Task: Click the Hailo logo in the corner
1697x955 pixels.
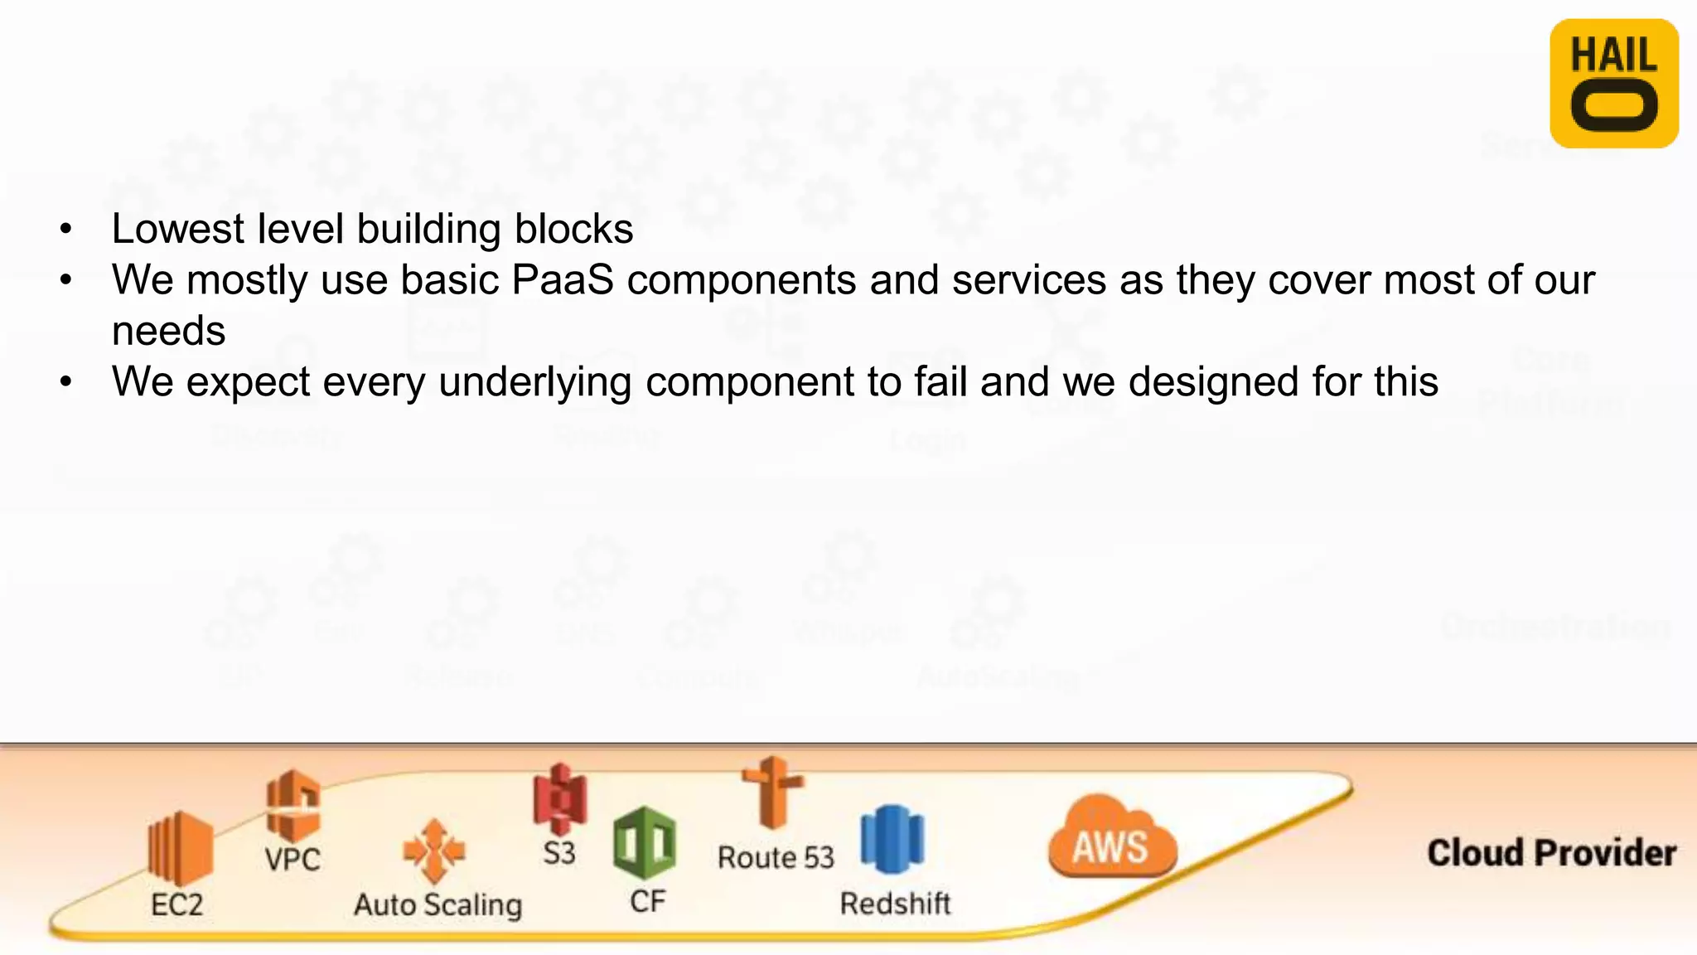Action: point(1613,84)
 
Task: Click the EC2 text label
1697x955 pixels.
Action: point(176,904)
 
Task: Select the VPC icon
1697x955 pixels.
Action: point(293,805)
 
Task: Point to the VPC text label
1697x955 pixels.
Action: point(293,859)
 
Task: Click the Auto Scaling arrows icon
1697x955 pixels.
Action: point(433,851)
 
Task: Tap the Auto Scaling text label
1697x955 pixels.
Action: point(438,904)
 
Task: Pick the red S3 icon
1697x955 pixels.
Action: point(560,798)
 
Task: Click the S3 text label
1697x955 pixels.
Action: point(559,853)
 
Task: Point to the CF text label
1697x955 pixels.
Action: point(647,901)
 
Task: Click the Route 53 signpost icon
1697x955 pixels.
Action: point(772,793)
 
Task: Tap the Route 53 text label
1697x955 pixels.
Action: point(776,857)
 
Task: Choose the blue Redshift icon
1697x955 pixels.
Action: point(892,839)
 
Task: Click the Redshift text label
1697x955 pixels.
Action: point(895,903)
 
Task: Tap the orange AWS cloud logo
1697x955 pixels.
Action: point(1111,839)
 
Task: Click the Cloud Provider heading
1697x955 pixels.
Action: point(1551,853)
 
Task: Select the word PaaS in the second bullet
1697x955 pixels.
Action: point(563,279)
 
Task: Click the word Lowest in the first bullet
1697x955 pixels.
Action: point(178,229)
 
